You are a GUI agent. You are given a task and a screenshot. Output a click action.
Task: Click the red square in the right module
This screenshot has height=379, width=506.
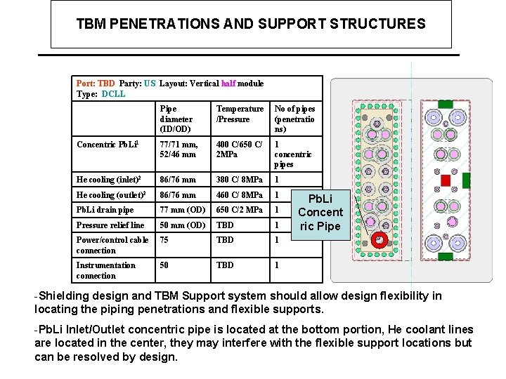445,180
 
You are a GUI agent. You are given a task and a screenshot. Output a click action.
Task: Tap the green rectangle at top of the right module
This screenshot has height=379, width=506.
445,104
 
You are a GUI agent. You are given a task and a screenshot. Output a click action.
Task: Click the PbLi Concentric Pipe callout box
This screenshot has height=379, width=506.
320,212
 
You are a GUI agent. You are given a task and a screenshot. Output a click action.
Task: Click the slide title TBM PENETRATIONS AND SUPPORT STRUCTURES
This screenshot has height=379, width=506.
251,24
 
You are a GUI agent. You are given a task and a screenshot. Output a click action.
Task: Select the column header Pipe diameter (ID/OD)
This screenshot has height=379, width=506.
176,119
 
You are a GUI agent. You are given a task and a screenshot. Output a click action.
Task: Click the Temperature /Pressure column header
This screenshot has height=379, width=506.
240,114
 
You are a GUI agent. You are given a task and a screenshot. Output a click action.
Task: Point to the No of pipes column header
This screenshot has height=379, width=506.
294,119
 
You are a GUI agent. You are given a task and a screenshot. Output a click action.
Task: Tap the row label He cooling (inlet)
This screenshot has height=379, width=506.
111,179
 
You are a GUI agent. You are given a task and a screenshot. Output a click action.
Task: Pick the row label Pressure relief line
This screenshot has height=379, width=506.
110,225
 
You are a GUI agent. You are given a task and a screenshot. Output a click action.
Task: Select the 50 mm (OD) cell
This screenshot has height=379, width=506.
182,225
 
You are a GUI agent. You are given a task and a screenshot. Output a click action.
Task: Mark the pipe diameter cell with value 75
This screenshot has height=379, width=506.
164,239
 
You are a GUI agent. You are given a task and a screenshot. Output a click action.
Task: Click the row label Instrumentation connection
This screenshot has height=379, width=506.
106,270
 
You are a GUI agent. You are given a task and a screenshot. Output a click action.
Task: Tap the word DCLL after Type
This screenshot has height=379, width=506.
113,94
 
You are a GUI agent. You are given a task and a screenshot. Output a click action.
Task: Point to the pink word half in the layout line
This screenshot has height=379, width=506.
228,84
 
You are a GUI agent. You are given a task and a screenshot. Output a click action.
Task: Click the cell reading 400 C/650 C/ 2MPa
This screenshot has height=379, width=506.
240,149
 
